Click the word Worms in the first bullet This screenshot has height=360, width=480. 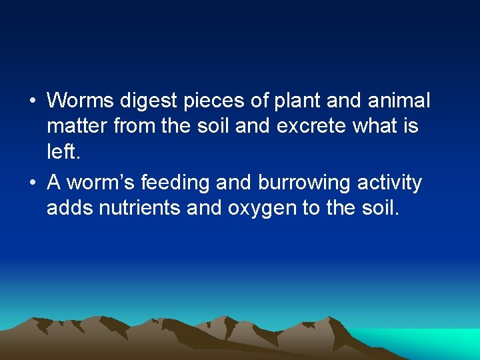click(81, 101)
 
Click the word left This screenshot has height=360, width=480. click(64, 152)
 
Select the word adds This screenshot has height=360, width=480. click(70, 209)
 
